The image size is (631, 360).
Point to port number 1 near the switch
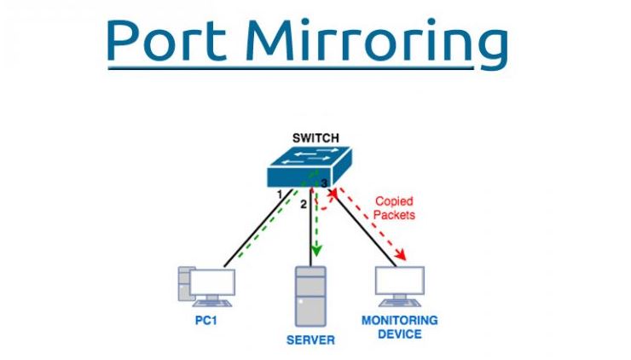[279, 195]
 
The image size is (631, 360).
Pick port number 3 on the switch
[325, 183]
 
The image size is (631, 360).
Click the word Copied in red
[393, 202]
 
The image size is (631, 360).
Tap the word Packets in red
[395, 215]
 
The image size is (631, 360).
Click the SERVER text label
[310, 340]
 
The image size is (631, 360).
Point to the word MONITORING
[400, 321]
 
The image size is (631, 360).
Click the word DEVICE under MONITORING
[400, 334]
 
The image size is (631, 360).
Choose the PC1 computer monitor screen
[212, 282]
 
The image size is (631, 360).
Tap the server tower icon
[310, 296]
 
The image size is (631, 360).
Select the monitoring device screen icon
[400, 281]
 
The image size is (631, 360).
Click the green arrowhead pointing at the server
[317, 250]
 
